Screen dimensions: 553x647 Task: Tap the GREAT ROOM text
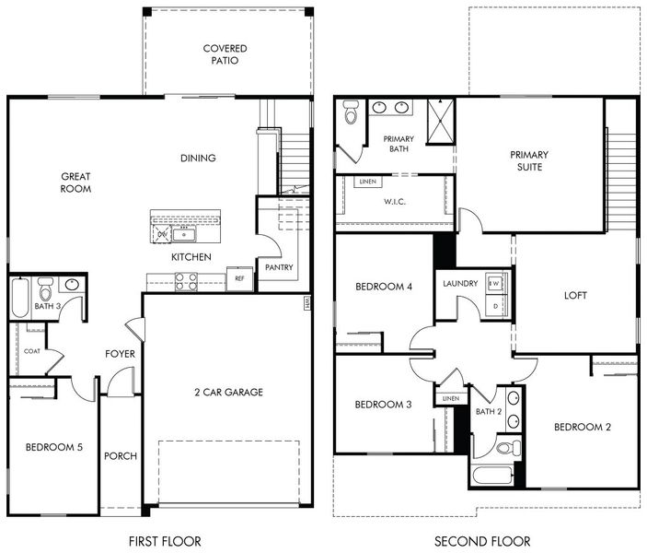[x=75, y=182]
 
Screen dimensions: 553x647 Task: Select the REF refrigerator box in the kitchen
[x=239, y=277]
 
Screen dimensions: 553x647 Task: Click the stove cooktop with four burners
[x=186, y=281]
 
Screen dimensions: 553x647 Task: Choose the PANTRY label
[x=278, y=267]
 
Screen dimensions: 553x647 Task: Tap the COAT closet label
[x=31, y=351]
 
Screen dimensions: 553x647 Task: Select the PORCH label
[x=121, y=456]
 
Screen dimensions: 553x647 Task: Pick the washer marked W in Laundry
[x=494, y=283]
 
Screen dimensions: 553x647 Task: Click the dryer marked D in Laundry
[x=494, y=305]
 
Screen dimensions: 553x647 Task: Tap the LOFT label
[x=576, y=296]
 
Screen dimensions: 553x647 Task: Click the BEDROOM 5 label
[x=53, y=447]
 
